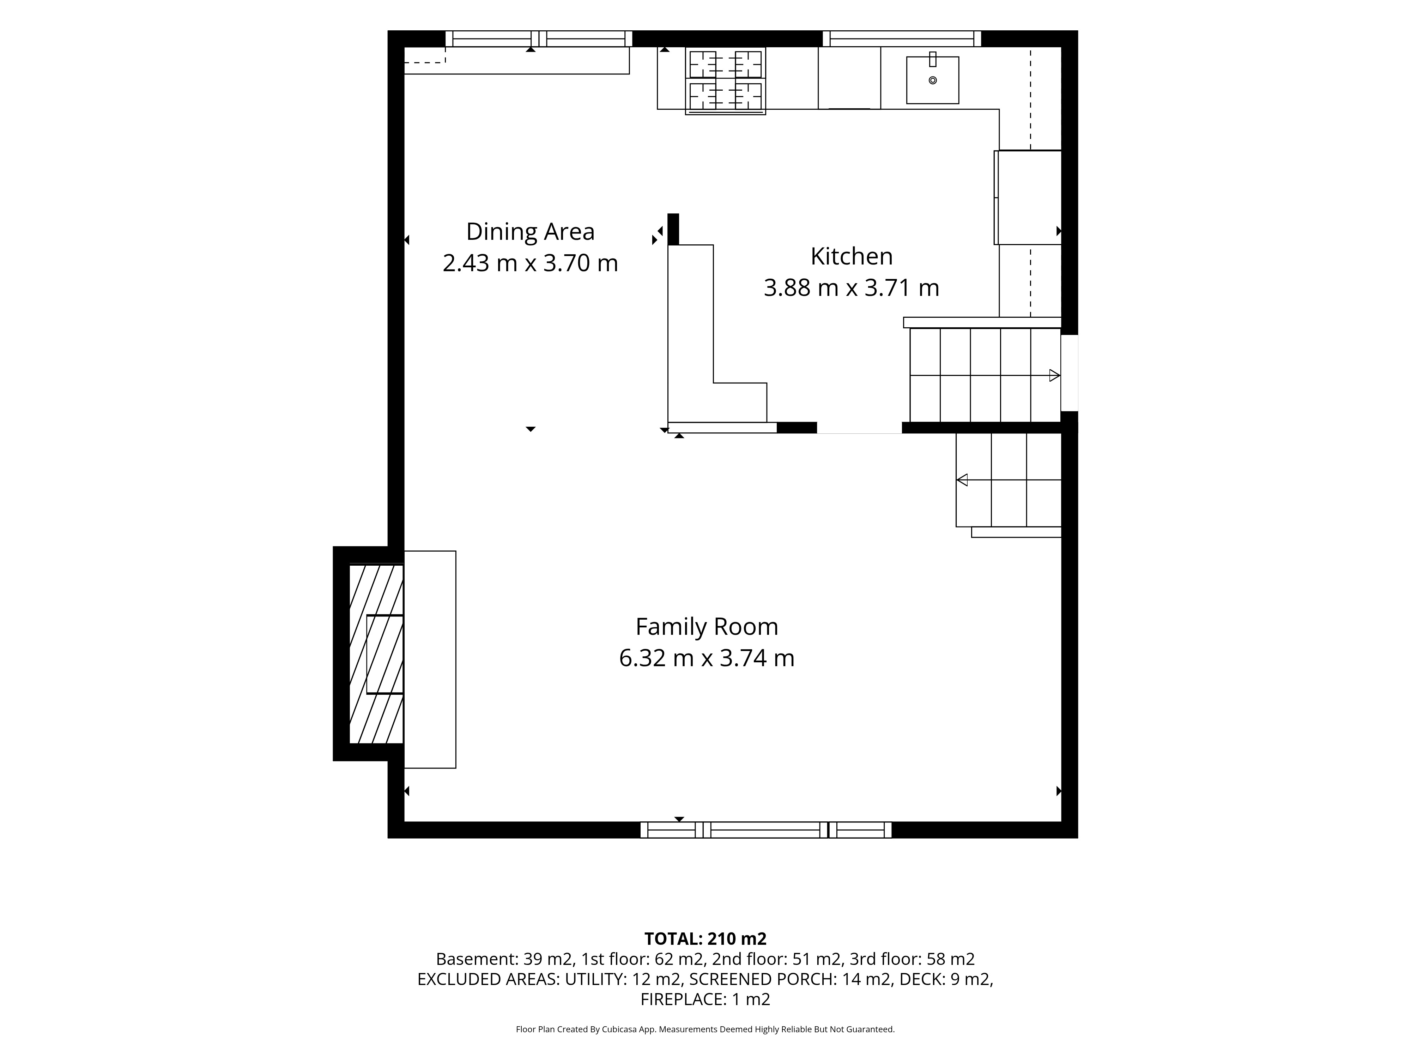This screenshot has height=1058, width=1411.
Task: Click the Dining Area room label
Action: coord(530,231)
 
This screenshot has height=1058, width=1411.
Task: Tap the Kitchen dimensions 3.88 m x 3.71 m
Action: coord(852,288)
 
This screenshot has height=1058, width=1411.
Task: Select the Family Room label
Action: coord(707,627)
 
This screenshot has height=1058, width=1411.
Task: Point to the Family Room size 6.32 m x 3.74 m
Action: coord(707,658)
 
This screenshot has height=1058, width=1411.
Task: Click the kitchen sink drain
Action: coord(933,80)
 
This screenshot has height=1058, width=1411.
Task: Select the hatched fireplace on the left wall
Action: coord(376,654)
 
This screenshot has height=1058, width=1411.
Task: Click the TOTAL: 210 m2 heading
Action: coord(705,939)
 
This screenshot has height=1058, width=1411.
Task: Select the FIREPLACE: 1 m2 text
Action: coord(705,999)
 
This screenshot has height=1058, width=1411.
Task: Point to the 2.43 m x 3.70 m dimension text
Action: coord(530,263)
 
